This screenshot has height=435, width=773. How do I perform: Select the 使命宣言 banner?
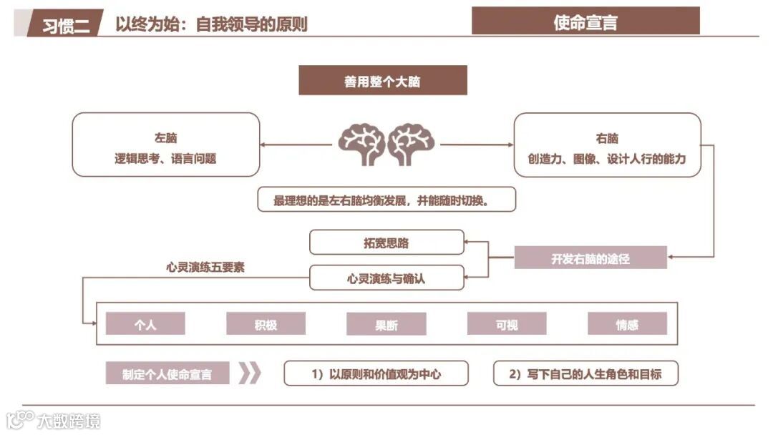coord(585,22)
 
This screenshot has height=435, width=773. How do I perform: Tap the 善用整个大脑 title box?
coord(382,81)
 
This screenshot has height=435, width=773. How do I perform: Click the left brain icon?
coord(361,144)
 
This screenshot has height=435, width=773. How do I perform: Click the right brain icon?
coord(410,144)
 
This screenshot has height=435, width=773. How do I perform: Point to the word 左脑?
coord(165,138)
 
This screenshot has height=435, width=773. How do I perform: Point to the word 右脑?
coord(607,138)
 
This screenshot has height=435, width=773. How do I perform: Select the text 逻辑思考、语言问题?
coord(165,159)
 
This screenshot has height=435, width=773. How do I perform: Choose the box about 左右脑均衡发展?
coord(386,200)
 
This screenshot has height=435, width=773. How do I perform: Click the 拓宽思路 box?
coord(386,243)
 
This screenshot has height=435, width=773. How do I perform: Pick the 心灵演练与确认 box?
coord(386,278)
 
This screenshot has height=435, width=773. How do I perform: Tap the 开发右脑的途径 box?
coord(590,258)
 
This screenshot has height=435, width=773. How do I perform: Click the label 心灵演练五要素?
coord(205,268)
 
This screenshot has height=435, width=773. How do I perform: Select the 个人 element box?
coord(145,324)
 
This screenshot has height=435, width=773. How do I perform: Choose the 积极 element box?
coord(266,324)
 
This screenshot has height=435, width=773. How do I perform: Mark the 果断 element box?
coord(386,324)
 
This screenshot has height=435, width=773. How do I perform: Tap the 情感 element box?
coord(627,324)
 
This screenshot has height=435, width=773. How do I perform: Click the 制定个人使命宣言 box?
coord(167,373)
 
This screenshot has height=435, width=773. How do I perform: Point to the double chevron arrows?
coord(249,373)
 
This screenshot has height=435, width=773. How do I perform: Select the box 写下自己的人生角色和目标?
coord(585,373)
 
